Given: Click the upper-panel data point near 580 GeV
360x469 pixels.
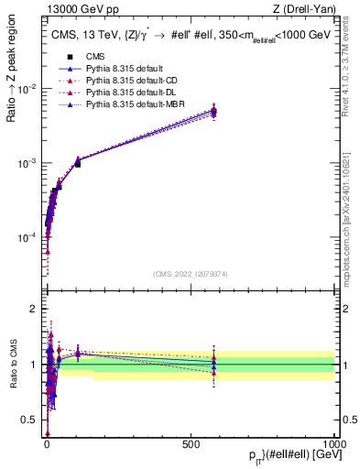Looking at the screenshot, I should click(x=213, y=111).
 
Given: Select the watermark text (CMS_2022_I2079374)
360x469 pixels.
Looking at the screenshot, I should click(x=190, y=274).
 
